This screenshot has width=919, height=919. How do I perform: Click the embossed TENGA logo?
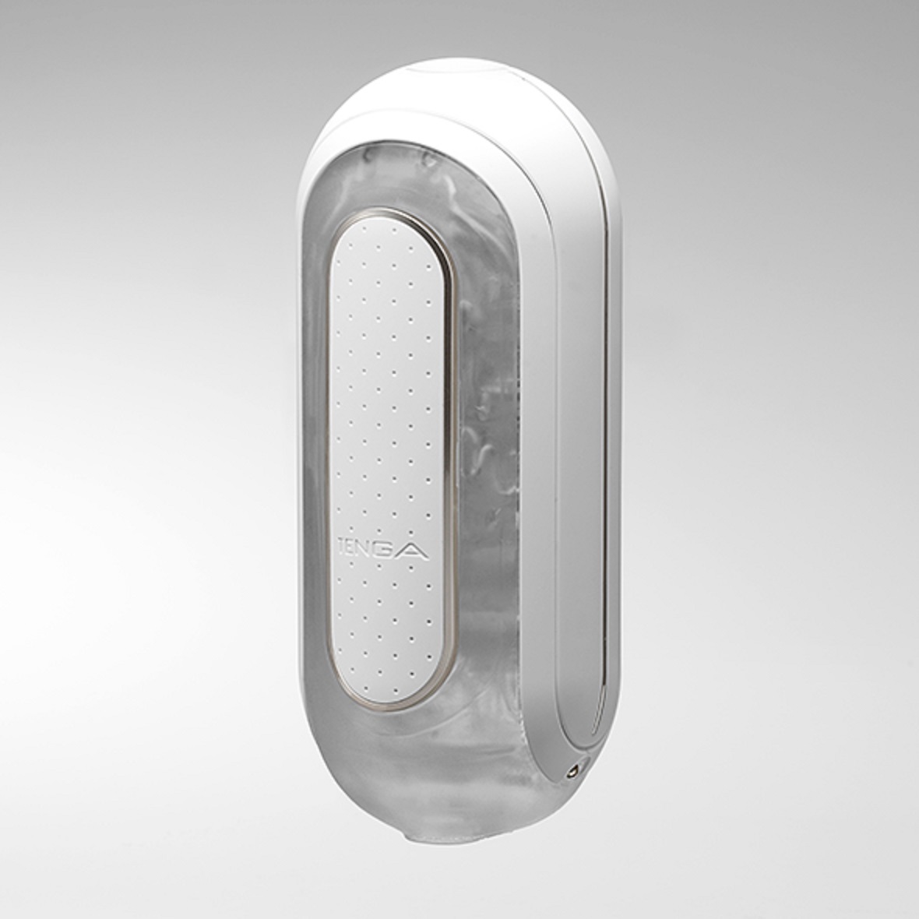[384, 548]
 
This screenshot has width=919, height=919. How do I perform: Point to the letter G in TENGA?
[390, 548]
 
